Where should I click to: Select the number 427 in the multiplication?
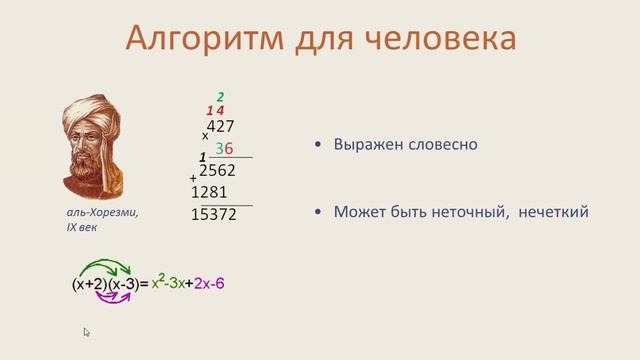219,126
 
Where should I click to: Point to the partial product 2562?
217,170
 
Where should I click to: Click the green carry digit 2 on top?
221,97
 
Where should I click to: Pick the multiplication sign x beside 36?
206,135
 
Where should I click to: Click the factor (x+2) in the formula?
89,284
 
